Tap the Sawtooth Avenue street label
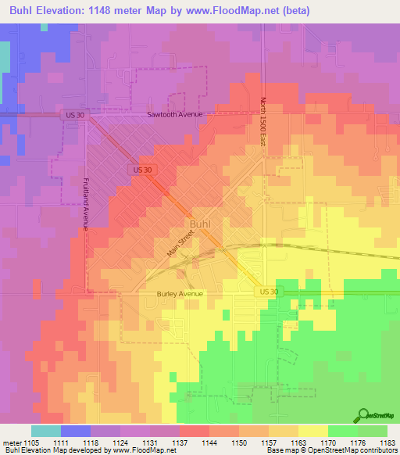tap(175, 114)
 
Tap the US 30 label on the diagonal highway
tap(141, 170)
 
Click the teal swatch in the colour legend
tap(46, 431)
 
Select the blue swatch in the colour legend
tap(76, 431)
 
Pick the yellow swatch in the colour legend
tap(312, 431)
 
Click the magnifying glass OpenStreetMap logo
tap(363, 415)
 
